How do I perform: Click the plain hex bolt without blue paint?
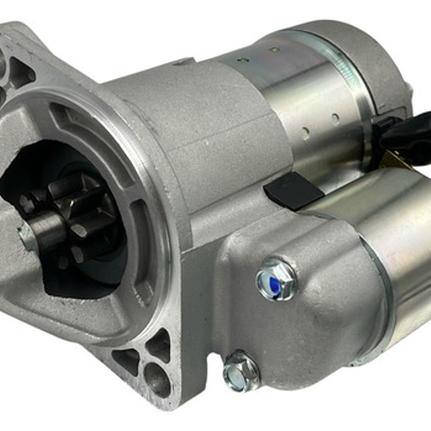point(241,372)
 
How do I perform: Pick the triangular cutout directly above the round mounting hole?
point(160,346)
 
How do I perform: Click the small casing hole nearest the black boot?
point(335,118)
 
